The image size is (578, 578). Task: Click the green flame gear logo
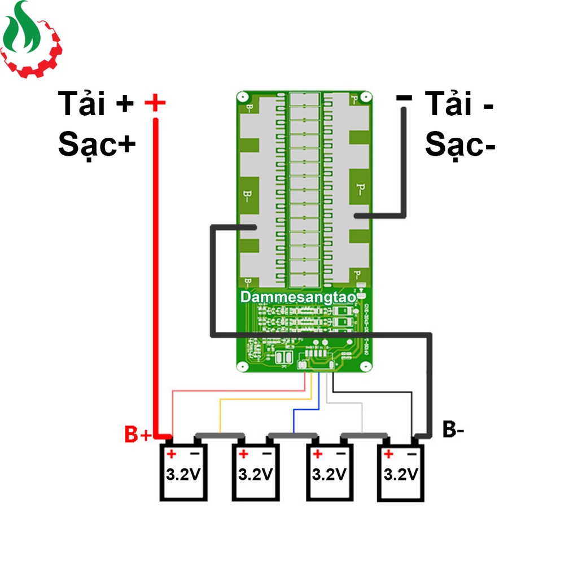30,40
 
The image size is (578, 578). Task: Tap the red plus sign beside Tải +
155,103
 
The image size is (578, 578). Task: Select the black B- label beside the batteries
453,430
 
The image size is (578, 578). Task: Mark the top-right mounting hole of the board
365,98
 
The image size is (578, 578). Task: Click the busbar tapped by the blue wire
292,435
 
